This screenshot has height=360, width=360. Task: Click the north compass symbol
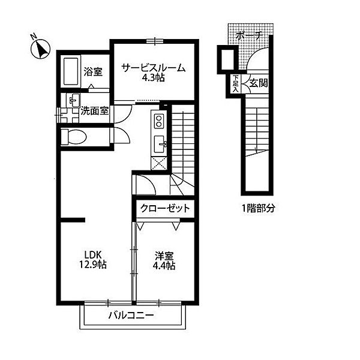tap(40, 48)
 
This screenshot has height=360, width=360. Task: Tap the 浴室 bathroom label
tap(93, 72)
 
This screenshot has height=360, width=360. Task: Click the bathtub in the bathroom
tap(71, 71)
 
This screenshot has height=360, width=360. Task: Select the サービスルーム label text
tap(154, 68)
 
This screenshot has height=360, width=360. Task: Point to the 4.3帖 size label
tap(154, 78)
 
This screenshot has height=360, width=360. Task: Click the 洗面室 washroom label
tap(94, 112)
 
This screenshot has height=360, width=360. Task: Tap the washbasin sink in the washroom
tap(74, 100)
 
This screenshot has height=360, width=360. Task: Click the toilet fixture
tap(74, 137)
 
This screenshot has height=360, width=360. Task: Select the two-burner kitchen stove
tap(158, 121)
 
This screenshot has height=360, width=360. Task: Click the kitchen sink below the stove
tap(160, 144)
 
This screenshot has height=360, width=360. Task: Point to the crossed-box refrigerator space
tap(158, 163)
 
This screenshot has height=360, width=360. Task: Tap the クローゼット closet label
tap(165, 209)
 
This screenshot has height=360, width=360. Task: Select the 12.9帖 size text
tap(93, 265)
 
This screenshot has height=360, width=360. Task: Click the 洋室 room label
tap(164, 256)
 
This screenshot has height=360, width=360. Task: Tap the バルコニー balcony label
tap(131, 316)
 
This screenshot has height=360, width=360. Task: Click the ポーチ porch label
tap(249, 35)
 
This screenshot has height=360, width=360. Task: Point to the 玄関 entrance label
tap(259, 83)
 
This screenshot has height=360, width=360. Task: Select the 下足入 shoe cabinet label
tap(235, 83)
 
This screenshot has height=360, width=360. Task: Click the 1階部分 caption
tap(258, 208)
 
